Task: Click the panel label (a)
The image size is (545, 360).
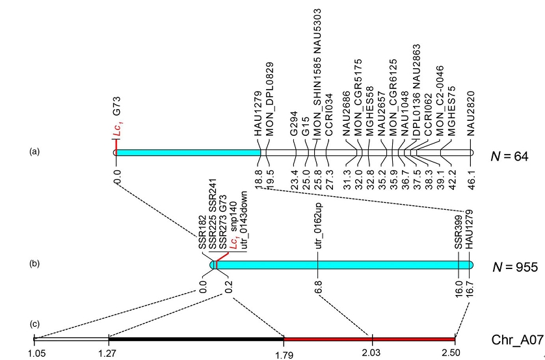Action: point(34,151)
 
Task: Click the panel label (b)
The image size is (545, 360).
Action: point(34,263)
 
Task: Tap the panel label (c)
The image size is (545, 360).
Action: point(34,324)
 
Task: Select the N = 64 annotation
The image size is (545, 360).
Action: point(509,157)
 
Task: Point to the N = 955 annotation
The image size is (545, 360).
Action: point(515,267)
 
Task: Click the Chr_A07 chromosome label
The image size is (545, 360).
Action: point(517,340)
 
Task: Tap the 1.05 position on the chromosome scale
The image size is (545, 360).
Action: point(36,353)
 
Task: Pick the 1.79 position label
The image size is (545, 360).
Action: point(284,355)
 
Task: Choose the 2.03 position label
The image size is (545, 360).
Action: point(371,353)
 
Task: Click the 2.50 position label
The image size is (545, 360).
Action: point(451,353)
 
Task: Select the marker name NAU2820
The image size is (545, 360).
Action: point(471,114)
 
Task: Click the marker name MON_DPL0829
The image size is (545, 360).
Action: point(270,99)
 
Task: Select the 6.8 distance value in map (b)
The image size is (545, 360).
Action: point(318,287)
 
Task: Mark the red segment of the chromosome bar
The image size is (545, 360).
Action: point(369,339)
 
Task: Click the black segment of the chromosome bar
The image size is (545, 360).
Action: point(196,339)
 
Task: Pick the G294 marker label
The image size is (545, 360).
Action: point(294,123)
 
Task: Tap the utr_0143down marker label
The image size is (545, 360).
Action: point(244,220)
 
